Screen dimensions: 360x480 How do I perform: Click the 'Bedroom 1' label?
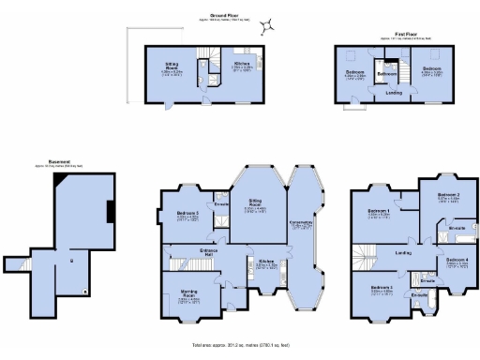[379, 211]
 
